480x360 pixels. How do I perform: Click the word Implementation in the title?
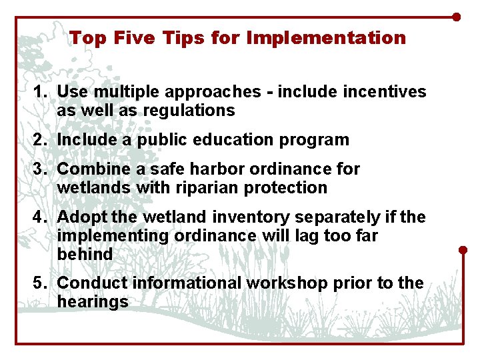coord(326,38)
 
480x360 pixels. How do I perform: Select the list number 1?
coord(39,92)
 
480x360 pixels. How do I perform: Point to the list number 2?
coord(39,140)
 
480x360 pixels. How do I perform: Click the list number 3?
coord(39,169)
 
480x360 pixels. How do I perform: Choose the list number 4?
coord(39,217)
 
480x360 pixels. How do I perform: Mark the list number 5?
coord(39,283)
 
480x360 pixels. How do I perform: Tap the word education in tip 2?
coord(237,140)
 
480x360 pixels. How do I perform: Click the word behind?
coord(85,255)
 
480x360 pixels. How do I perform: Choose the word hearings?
coord(92,302)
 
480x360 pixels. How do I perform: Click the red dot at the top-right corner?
coord(456,17)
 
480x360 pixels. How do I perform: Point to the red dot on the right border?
coord(463,250)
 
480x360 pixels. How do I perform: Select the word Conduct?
coord(92,283)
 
